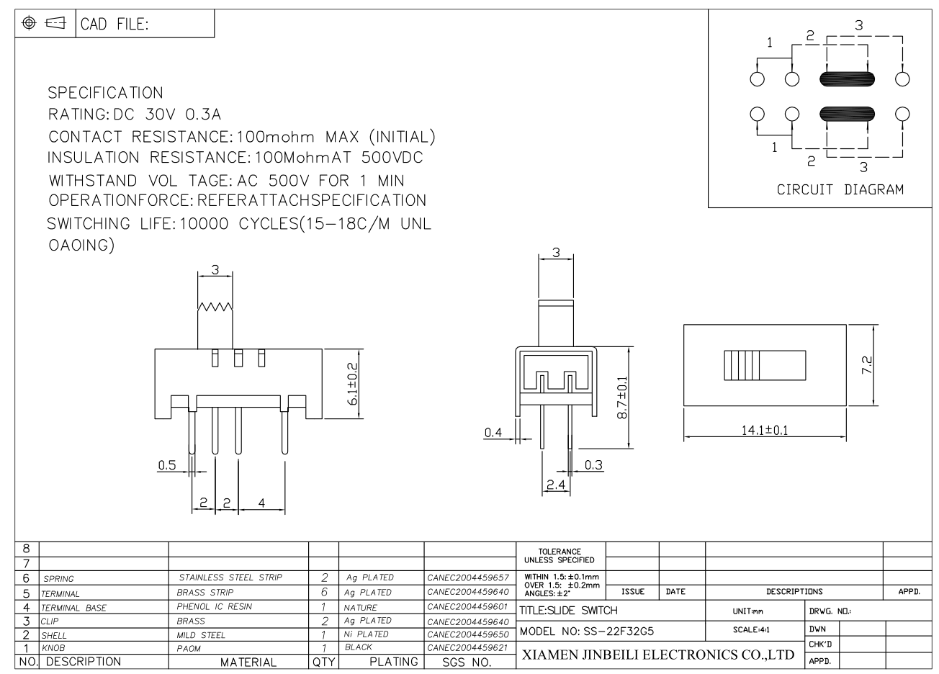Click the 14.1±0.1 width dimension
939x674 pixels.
pos(765,430)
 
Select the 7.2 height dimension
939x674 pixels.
pos(866,364)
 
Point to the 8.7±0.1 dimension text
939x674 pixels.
pos(622,397)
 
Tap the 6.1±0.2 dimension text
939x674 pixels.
pos(353,384)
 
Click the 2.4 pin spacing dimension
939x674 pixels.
pos(556,485)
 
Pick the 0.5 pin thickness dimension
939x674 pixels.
pos(167,465)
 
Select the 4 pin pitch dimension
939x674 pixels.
pos(261,503)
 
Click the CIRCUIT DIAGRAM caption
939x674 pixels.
pos(840,189)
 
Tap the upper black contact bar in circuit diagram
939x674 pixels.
pos(847,78)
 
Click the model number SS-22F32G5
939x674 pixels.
pos(619,631)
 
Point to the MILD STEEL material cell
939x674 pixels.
pos(201,635)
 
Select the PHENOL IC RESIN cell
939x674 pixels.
pos(214,606)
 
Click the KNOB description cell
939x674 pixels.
pos(53,648)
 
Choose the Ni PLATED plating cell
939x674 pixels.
pos(366,634)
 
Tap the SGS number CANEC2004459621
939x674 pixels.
pos(468,647)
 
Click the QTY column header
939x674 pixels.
pos(323,662)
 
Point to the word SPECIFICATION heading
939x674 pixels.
pos(105,93)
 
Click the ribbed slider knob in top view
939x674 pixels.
pos(765,365)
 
